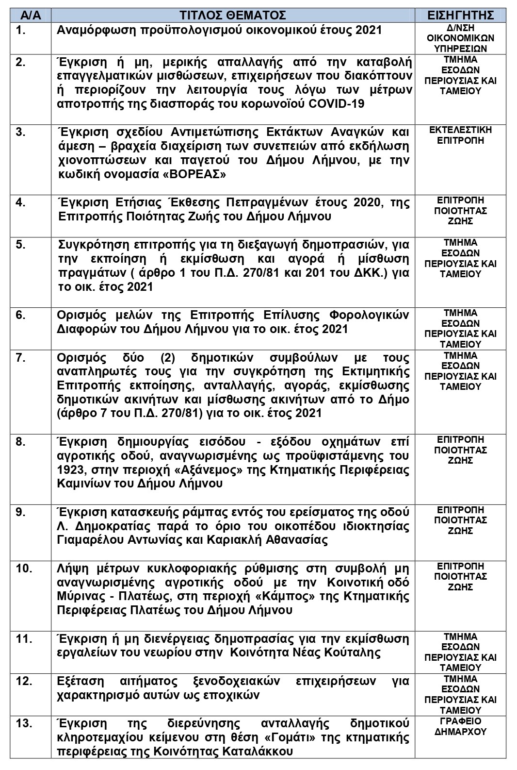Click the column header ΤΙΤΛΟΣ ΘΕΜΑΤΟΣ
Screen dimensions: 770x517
tap(232, 15)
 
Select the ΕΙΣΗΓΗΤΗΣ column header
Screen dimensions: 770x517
tap(460, 15)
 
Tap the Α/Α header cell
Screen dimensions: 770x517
tap(31, 15)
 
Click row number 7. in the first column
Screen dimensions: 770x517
tap(20, 358)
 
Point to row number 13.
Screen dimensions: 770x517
tap(24, 723)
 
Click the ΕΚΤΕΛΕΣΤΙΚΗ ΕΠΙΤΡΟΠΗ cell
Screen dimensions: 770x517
tap(460, 135)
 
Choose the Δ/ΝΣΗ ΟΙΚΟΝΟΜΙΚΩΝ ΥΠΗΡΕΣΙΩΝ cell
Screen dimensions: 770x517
tap(460, 38)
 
